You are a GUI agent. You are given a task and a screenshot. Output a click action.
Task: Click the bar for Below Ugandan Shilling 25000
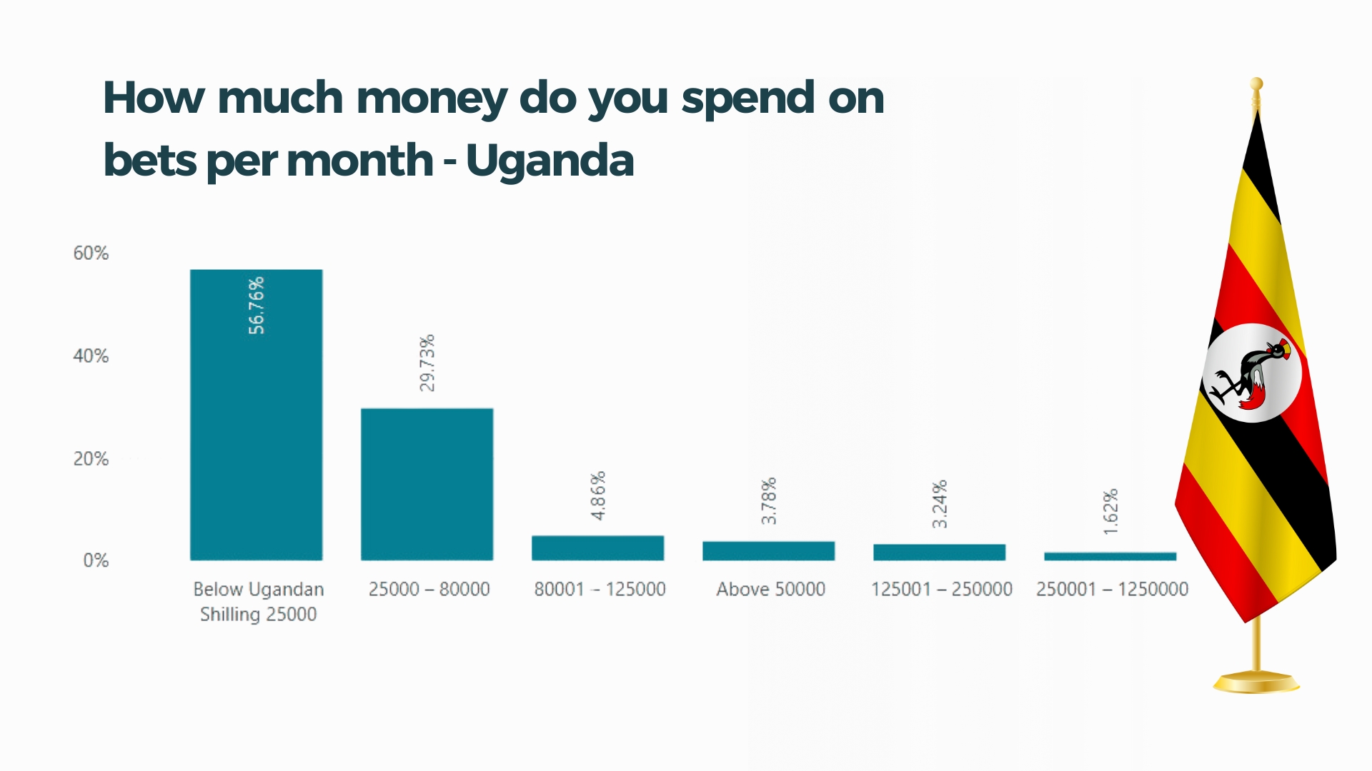pos(256,428)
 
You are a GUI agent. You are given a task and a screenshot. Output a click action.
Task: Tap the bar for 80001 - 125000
pos(597,548)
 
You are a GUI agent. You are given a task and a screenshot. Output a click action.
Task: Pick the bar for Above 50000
pos(768,550)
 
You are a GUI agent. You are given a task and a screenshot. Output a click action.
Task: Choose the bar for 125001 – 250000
pos(939,552)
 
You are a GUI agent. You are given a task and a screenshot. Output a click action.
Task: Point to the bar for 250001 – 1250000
pos(1110,556)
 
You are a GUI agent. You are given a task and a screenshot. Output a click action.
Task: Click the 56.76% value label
pos(257,306)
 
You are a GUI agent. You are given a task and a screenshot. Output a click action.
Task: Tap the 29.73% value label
pos(427,363)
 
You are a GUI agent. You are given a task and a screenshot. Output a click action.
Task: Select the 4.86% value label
pos(598,495)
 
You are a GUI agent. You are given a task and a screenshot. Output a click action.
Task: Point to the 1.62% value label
pos(1110,512)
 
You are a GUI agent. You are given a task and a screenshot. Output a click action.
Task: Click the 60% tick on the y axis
pos(91,253)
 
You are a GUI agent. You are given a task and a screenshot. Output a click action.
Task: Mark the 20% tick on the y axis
pos(91,459)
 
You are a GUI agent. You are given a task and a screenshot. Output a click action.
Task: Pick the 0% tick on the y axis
pos(96,560)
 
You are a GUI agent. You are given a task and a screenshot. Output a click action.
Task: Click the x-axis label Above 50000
pos(770,589)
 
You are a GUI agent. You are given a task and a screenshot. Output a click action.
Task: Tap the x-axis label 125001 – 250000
pos(941,589)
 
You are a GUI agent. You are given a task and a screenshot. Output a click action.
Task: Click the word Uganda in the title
pos(550,160)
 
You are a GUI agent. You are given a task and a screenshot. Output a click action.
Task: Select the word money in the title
pos(432,98)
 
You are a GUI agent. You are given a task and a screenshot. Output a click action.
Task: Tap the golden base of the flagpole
pos(1256,682)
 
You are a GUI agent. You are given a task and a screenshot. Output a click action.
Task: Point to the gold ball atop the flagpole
pos(1256,84)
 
